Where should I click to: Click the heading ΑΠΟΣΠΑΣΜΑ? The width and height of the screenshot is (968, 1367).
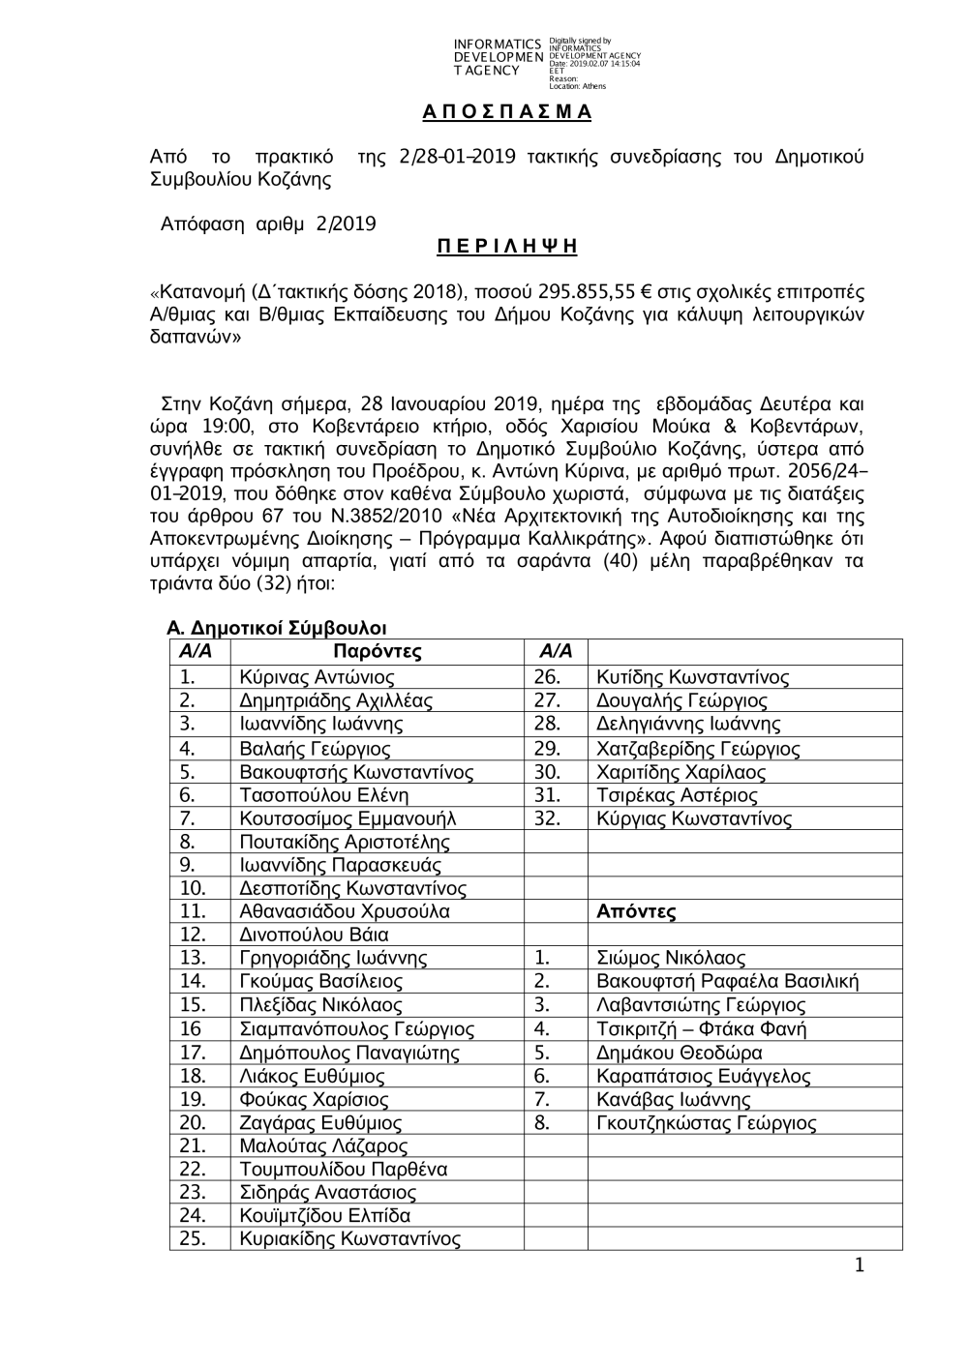506,112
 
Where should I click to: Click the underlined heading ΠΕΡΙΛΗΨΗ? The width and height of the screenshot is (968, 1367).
506,247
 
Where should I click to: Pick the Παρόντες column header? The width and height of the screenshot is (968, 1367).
377,652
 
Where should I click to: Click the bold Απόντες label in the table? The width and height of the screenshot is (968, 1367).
636,911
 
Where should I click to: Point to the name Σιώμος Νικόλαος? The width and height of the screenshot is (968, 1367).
671,958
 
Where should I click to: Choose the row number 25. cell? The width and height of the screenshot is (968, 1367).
193,1238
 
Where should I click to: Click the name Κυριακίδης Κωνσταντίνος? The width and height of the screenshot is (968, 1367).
349,1238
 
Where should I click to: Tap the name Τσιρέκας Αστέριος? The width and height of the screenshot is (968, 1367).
677,795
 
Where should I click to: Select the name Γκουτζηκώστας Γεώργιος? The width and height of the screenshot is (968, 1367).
706,1123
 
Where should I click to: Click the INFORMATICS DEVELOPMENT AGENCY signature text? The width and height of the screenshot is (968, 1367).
497,57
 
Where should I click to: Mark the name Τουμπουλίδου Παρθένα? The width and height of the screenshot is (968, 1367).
343,1169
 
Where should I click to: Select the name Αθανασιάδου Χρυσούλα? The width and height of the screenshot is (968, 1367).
344,911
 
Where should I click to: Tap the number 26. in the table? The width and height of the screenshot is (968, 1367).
547,677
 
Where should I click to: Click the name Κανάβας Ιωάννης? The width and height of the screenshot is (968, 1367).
673,1100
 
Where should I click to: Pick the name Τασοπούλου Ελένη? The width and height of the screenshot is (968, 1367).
323,795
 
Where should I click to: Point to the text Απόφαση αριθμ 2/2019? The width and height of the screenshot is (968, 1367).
268,224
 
